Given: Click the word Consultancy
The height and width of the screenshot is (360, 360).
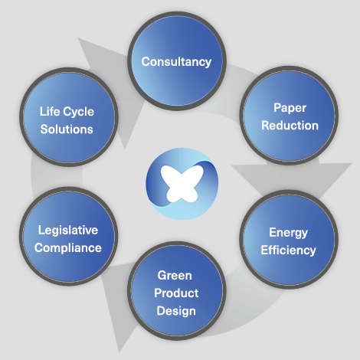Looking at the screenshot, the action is pos(176,62).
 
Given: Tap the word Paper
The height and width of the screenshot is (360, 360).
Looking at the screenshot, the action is pos(290,108).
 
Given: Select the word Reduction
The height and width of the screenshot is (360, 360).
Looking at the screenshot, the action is pos(290,126).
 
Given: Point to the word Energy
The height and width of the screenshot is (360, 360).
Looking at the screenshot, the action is pos(288,233).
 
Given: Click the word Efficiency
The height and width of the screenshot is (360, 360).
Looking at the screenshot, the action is pos(288,250).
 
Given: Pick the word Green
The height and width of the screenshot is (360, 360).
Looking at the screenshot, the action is pos(175,276).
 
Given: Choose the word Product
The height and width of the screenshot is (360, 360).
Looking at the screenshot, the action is pos(176,293).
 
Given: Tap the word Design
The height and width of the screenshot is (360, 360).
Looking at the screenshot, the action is pos(176,311).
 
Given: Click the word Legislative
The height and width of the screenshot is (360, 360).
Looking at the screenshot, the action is pos(68,231).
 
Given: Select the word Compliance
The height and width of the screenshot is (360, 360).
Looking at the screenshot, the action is pos(68,248).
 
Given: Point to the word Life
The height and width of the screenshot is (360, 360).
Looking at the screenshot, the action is pos(50,112).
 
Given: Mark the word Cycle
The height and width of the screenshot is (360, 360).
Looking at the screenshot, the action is pos(79,112).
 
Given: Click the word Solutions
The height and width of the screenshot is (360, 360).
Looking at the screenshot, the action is pos(67,129).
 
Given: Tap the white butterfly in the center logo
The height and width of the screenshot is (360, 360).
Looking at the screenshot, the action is pos(182,184).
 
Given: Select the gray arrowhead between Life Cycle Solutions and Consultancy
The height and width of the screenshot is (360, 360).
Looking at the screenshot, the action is pos(110,84).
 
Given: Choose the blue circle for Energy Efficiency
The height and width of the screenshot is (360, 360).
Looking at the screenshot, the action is pos(289,240).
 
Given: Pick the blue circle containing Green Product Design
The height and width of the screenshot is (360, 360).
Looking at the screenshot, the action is pos(177,291).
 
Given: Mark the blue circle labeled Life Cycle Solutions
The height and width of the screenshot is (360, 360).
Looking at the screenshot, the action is pos(69,117).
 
